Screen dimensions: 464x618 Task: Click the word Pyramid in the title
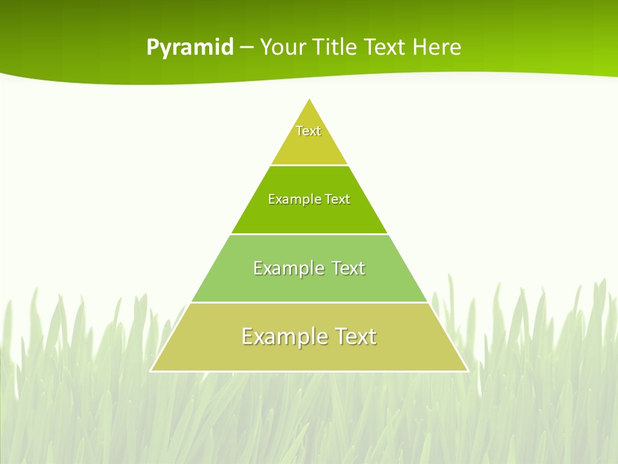pos(190,48)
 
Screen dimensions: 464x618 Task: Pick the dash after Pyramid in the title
pos(247,48)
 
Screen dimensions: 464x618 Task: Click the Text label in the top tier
pos(308,131)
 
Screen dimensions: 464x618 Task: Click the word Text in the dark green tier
pos(337,199)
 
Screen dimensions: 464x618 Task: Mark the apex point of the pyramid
pos(310,99)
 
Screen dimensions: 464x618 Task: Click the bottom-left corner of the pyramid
pos(151,371)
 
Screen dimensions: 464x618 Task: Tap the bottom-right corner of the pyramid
pos(467,371)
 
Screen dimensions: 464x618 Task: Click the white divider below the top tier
pos(309,165)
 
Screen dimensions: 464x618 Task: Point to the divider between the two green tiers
pos(309,234)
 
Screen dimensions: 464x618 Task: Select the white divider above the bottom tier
pos(309,302)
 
